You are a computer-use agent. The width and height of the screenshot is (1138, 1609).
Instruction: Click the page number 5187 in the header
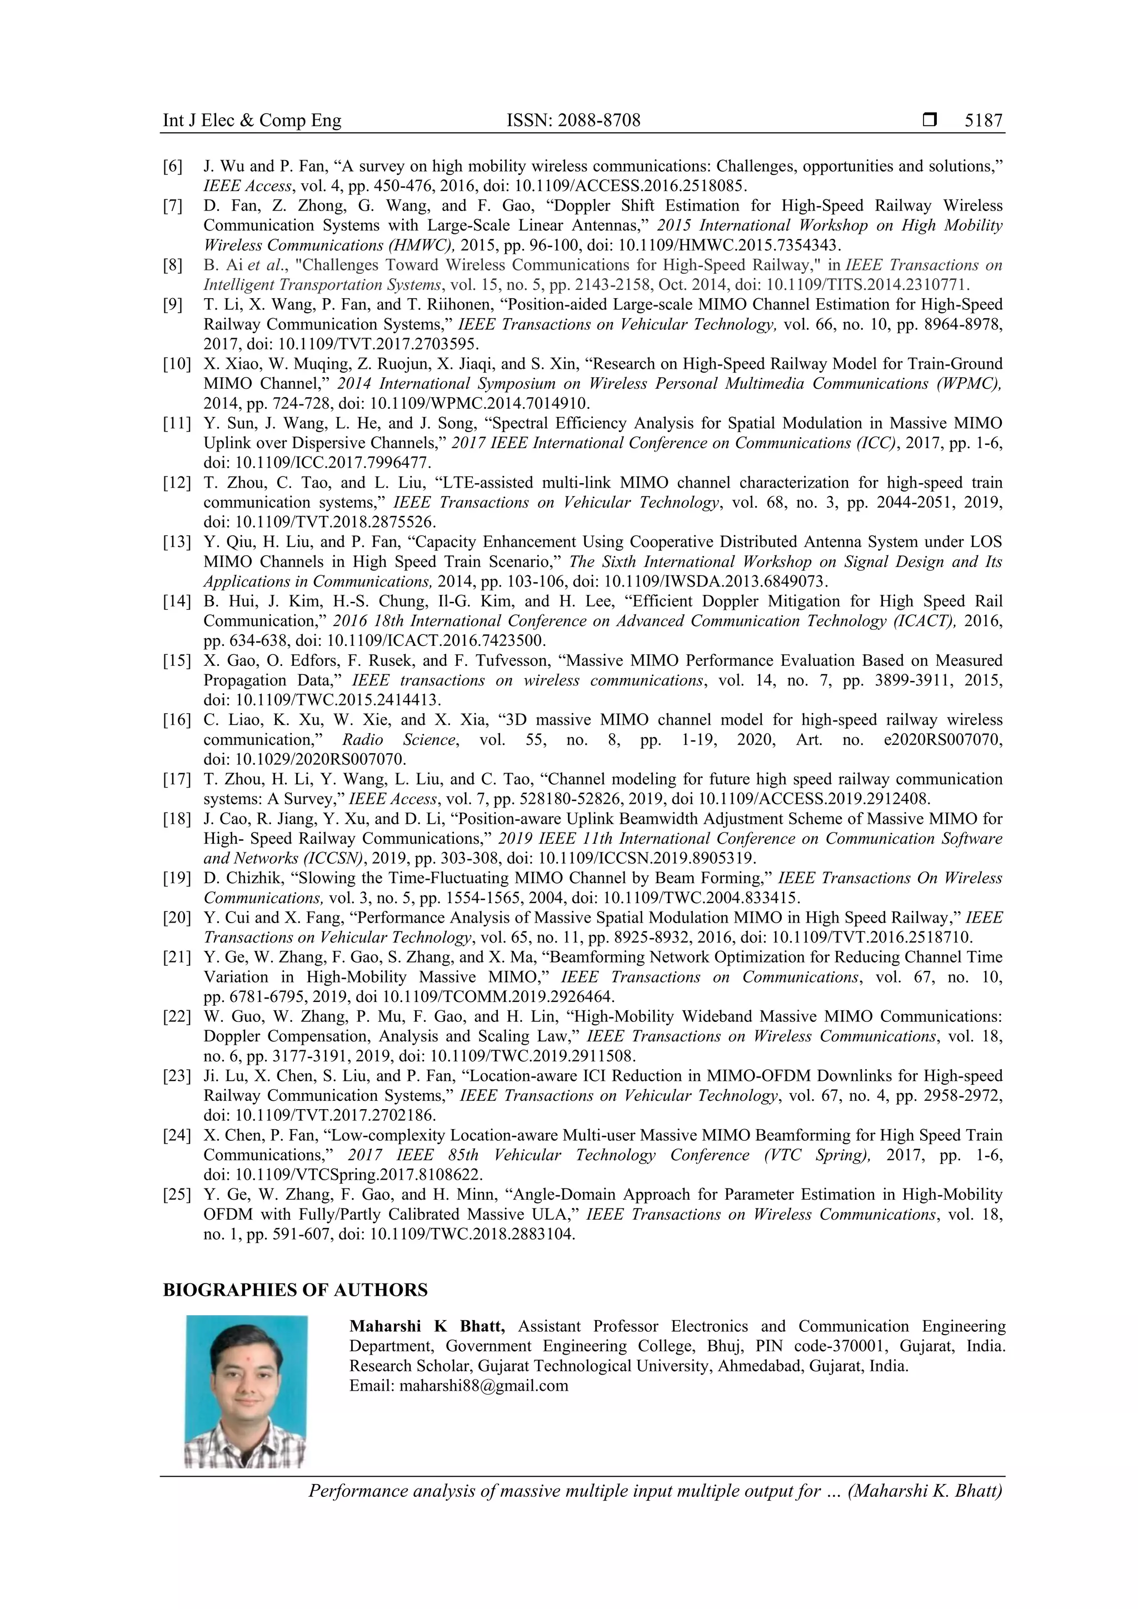(983, 121)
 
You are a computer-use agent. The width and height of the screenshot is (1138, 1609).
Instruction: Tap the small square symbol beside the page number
(930, 120)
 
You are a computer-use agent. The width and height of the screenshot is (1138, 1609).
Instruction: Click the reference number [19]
(176, 878)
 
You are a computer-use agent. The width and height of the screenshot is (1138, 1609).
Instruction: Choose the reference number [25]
(176, 1194)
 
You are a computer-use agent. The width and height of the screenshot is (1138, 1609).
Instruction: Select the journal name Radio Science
(399, 739)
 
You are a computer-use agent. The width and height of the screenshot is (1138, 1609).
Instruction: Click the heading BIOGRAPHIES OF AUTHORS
(295, 1290)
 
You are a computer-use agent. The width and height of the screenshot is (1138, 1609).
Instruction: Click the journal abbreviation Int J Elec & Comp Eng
(252, 121)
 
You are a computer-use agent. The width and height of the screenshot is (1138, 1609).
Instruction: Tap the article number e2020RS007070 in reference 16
(943, 739)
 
